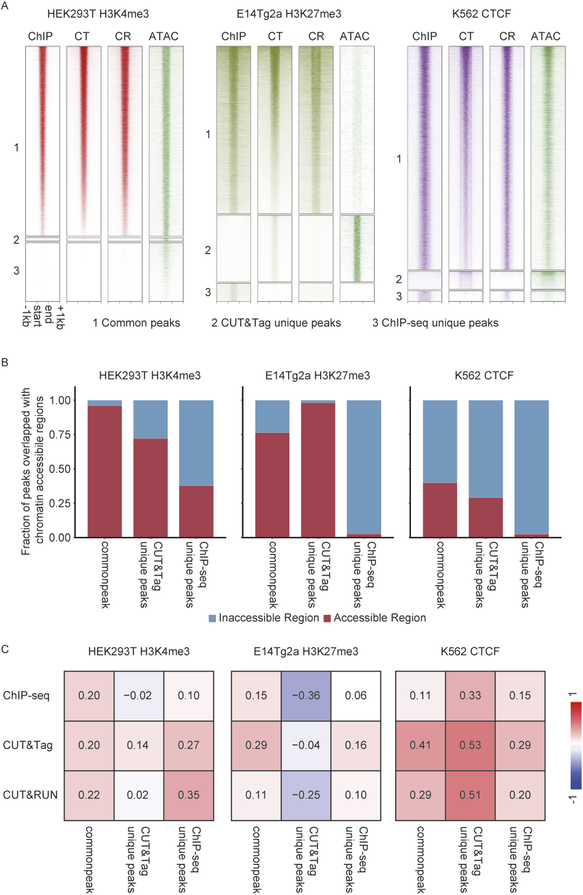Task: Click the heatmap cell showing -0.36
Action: coord(306,695)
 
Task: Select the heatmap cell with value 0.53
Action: coord(470,745)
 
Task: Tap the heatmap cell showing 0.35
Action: coord(188,794)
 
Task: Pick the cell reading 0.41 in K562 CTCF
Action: coord(420,745)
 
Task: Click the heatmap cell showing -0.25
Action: coord(306,794)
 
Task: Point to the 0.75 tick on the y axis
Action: coord(60,435)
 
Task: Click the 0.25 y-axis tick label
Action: coord(60,503)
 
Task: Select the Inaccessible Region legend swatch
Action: coord(212,618)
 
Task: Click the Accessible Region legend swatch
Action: coord(327,618)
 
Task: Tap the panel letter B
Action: coord(5,362)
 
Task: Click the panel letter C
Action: coord(5,650)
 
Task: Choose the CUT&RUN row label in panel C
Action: coord(30,794)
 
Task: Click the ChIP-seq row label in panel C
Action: coord(26,695)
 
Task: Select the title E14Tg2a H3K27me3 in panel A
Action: coord(289,14)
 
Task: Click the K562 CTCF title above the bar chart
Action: coord(484,376)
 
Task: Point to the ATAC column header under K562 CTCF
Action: coord(545,36)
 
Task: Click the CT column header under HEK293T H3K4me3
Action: coord(82,36)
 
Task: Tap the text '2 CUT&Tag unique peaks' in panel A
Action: coord(276,323)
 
